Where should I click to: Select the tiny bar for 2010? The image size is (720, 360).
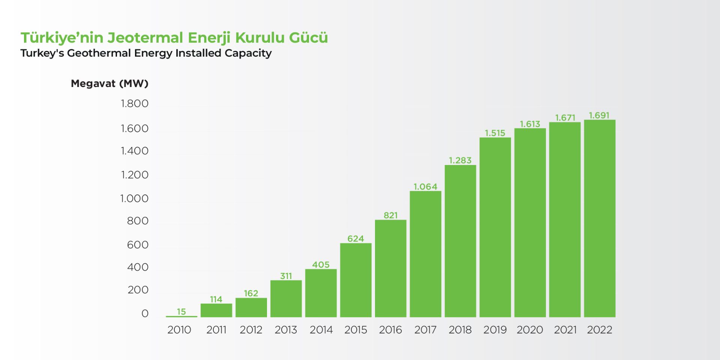[x=181, y=316]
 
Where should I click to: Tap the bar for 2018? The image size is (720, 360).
[x=460, y=241]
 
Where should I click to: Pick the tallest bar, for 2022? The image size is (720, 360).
[x=599, y=218]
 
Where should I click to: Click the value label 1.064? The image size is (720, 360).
[x=425, y=186]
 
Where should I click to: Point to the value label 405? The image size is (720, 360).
[x=321, y=265]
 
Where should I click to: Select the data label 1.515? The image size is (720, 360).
[x=495, y=133]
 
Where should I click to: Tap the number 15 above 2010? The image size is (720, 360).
[x=181, y=312]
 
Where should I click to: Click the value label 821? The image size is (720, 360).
[x=390, y=215]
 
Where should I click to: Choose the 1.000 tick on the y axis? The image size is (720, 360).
[x=134, y=199]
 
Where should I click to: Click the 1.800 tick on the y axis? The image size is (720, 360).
[x=134, y=103]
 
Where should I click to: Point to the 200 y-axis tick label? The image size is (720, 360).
[x=138, y=290]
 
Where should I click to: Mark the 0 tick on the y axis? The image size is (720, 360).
[x=145, y=313]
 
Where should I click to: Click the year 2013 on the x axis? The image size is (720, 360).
[x=286, y=330]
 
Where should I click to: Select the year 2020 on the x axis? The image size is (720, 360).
[x=529, y=330]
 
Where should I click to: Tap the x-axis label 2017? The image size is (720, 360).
[x=425, y=330]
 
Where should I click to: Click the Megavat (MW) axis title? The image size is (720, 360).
[x=109, y=84]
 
